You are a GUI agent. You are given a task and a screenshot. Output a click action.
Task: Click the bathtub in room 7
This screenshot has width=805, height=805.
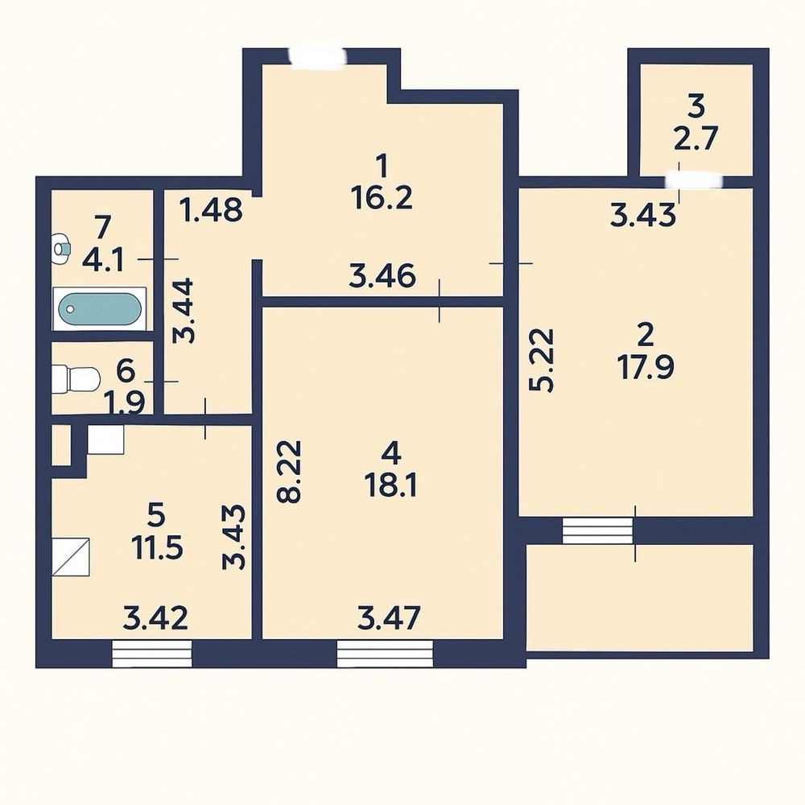coord(100,308)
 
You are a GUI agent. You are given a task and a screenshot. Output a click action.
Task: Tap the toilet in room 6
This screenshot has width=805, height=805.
coord(76,379)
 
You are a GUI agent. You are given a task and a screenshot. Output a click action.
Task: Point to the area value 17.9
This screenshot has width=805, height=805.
coord(646,367)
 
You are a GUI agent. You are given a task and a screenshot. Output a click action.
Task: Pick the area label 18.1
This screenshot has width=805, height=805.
coord(390,485)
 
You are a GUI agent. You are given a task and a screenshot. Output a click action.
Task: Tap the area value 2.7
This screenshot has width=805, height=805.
coord(696,138)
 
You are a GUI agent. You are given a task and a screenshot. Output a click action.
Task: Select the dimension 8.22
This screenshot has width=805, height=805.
coord(288,471)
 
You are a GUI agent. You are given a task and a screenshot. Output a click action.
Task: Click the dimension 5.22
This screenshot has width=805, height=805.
coord(542,360)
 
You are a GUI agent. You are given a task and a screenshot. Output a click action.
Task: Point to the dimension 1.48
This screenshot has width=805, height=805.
coord(212,209)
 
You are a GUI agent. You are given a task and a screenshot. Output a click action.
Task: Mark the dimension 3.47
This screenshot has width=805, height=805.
coord(389,617)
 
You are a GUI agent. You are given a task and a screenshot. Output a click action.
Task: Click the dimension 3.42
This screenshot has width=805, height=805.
coord(155,617)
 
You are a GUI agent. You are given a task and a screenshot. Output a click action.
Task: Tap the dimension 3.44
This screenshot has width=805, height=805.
coord(183,310)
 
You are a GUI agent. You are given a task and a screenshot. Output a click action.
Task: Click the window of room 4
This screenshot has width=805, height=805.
coord(385,653)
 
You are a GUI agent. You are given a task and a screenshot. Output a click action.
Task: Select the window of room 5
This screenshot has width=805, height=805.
coord(152,653)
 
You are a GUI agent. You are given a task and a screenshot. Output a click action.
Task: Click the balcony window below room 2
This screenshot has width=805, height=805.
coord(598,530)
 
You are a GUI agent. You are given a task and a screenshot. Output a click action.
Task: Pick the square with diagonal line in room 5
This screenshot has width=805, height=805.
coord(71,556)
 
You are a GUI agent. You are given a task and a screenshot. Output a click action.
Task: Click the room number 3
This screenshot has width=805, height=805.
coord(696,105)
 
